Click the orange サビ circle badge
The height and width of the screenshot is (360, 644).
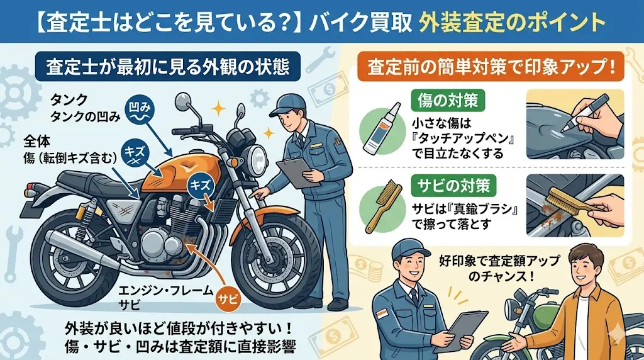click(228, 299)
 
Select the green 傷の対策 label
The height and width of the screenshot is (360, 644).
click(447, 101)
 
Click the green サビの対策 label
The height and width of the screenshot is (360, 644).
click(453, 186)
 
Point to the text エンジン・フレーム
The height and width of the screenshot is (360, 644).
click(166, 291)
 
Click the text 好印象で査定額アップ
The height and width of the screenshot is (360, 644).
click(499, 261)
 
